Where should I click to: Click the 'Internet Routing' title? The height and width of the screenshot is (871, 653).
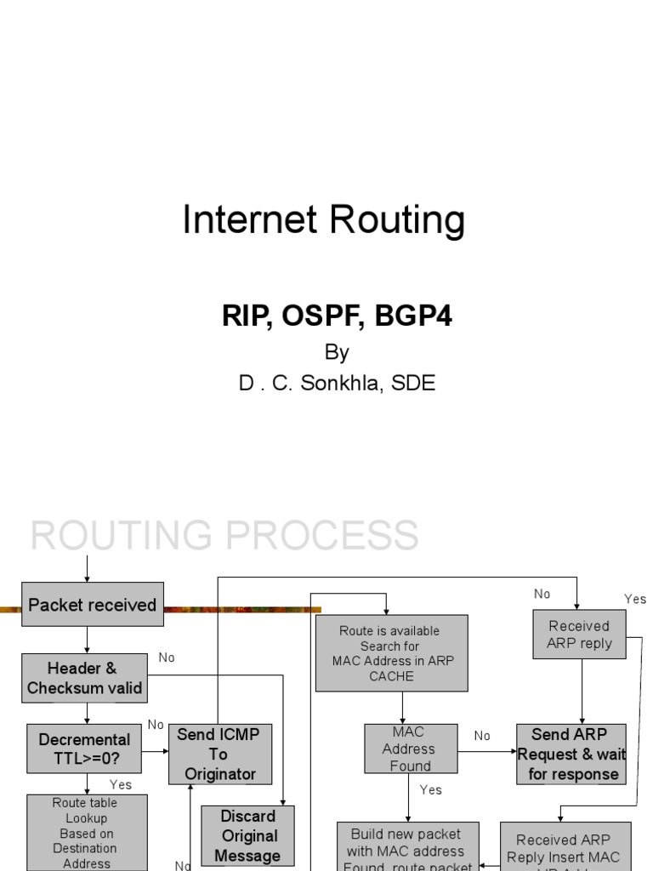pos(324,220)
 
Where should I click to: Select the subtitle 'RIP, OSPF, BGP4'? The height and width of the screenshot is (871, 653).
pos(337,316)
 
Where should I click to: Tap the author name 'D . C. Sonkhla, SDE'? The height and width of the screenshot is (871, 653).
pos(337,383)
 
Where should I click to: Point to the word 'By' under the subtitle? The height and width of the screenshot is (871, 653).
pos(337,352)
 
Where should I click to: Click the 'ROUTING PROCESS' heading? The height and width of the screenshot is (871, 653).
pos(224,536)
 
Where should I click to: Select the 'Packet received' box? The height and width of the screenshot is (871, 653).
pos(92,605)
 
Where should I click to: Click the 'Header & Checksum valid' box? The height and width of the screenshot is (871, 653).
pos(84,678)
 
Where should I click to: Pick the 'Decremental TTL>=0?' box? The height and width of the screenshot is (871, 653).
pos(84,749)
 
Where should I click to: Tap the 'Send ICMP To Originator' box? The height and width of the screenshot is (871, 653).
pos(220,754)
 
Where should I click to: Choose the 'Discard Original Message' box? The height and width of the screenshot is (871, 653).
pos(248,836)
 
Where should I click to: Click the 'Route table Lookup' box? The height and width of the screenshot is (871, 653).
pos(86,833)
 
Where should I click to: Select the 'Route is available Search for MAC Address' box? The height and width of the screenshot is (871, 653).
pos(391,653)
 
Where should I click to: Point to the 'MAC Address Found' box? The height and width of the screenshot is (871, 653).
pos(411,749)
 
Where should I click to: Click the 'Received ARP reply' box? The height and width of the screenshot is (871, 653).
pos(579,635)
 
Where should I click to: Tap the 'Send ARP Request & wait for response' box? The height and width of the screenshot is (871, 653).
pos(571,754)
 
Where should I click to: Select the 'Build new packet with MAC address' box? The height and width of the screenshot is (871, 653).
pos(407,847)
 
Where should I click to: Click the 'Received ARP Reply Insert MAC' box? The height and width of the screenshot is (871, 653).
pos(565,847)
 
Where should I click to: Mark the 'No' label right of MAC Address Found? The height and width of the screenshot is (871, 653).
pos(482,736)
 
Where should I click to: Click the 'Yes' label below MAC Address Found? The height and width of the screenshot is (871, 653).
pos(431,790)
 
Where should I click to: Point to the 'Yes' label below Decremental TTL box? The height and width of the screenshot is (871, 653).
pos(121,784)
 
